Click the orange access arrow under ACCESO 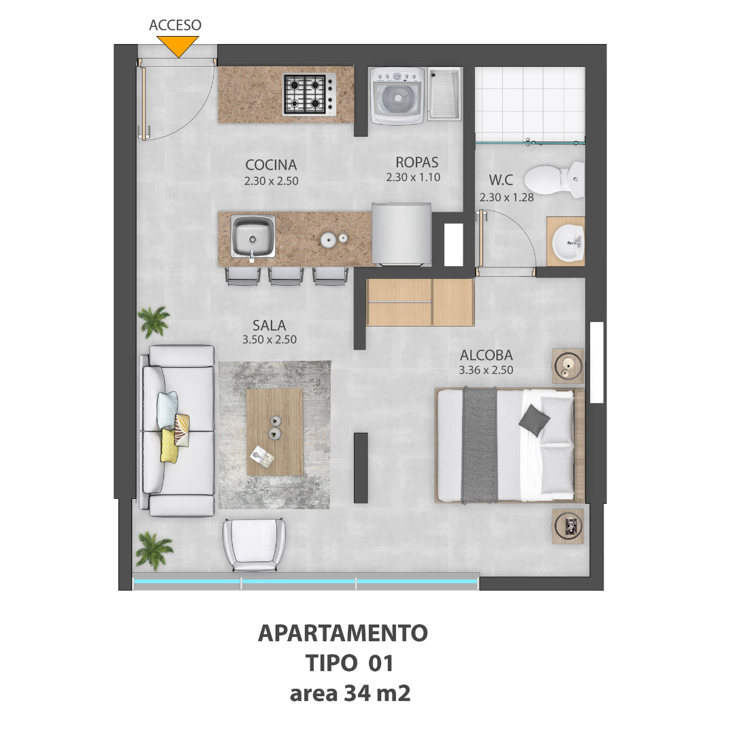point(178,46)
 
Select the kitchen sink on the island point(252,237)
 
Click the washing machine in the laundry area point(398,97)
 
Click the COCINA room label point(271,165)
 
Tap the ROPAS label point(416,162)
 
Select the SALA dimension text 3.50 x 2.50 point(269,340)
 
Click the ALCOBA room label point(486,355)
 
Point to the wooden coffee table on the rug point(274,432)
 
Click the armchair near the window point(254,544)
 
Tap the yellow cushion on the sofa point(169,446)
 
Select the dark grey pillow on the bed point(534,421)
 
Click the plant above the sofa point(153,321)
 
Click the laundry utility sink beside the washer point(444,94)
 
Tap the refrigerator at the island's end point(402,234)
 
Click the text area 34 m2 point(350,693)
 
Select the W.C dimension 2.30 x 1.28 point(506,197)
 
